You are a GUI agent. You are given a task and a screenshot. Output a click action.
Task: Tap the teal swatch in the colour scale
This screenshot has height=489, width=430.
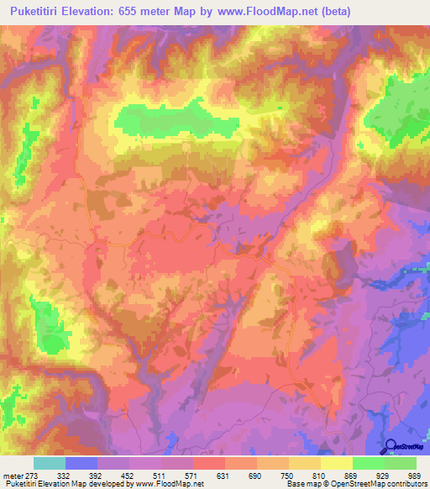[x=49, y=463]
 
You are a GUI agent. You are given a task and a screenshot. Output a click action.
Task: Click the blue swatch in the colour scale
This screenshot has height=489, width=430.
[x=81, y=463]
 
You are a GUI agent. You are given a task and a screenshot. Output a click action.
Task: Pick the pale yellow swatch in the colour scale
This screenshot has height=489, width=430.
[x=336, y=463]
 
